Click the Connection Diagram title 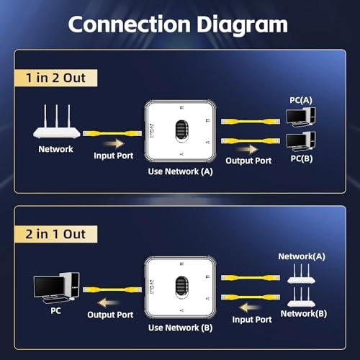coord(178,25)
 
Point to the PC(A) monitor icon coord(299,116)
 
